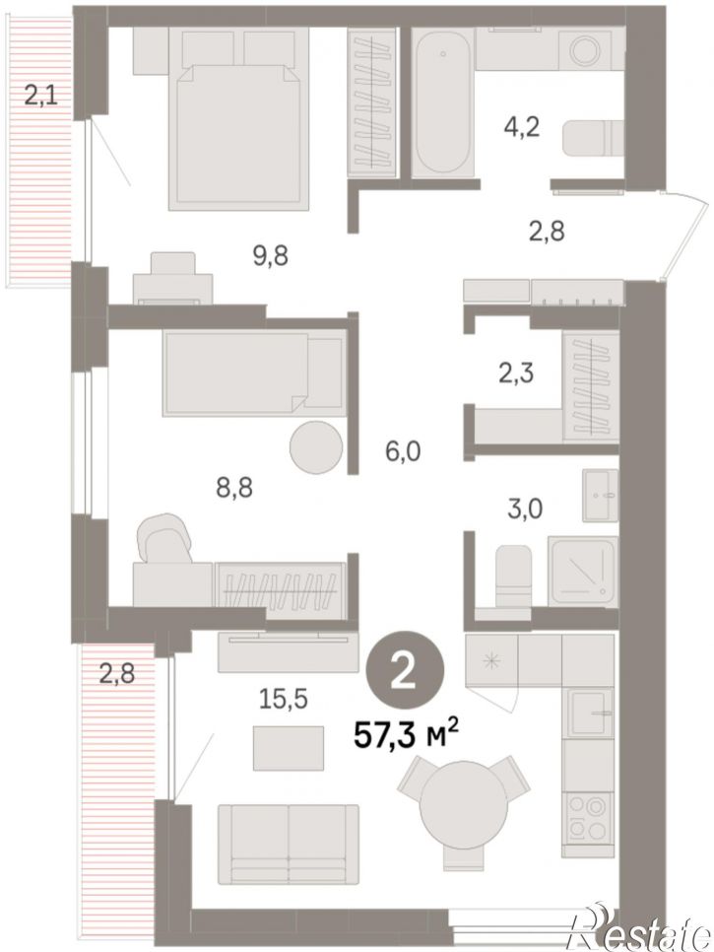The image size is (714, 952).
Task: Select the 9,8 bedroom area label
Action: coord(270,256)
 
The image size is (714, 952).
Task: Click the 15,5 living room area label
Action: coord(284,700)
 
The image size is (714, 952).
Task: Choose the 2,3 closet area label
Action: coord(515,373)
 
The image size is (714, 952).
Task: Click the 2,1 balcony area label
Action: coord(41,96)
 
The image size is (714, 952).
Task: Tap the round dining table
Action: coord(459,797)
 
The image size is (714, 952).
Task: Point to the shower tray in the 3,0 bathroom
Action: coord(582,570)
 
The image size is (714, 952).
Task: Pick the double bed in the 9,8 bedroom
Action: coord(240,120)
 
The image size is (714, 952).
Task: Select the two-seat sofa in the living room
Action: coord(289,844)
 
